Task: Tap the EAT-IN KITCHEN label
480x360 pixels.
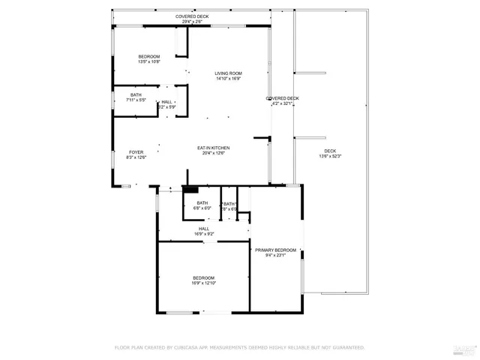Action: (213, 148)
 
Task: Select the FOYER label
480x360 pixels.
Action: (136, 152)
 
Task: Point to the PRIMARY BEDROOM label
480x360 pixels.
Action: (275, 250)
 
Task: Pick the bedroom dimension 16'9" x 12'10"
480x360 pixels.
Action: (203, 283)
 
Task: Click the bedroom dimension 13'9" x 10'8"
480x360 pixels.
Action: (148, 62)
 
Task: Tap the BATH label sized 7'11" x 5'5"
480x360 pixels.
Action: (136, 94)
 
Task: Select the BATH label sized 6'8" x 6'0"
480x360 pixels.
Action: (202, 202)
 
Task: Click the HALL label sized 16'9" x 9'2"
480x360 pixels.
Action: (203, 229)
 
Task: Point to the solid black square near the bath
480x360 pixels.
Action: (190, 190)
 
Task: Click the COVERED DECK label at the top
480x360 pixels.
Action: (192, 16)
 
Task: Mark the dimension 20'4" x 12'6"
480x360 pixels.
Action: (213, 153)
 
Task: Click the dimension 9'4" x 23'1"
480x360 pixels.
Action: (275, 255)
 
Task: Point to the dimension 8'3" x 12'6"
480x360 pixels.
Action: (136, 157)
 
